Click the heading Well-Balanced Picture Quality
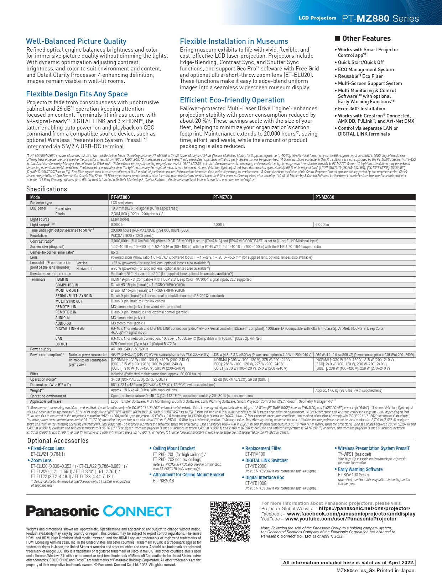[76, 41]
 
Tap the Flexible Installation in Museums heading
[234, 41]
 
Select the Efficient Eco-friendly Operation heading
[232, 100]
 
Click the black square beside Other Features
[337, 38]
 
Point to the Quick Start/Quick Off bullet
[361, 62]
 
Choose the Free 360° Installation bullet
[362, 109]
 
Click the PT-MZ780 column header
[223, 197]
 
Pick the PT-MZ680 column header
[325, 197]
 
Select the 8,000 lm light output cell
[118, 224]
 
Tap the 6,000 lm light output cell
[322, 224]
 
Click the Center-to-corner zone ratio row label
[53, 252]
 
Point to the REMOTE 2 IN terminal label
[66, 312]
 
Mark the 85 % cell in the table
[115, 252]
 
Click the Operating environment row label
[48, 396]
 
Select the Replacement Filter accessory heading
[263, 448]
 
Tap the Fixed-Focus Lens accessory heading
[48, 448]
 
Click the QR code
[230, 521]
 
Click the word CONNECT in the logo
[137, 511]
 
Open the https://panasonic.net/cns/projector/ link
[364, 508]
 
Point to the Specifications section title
[47, 189]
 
